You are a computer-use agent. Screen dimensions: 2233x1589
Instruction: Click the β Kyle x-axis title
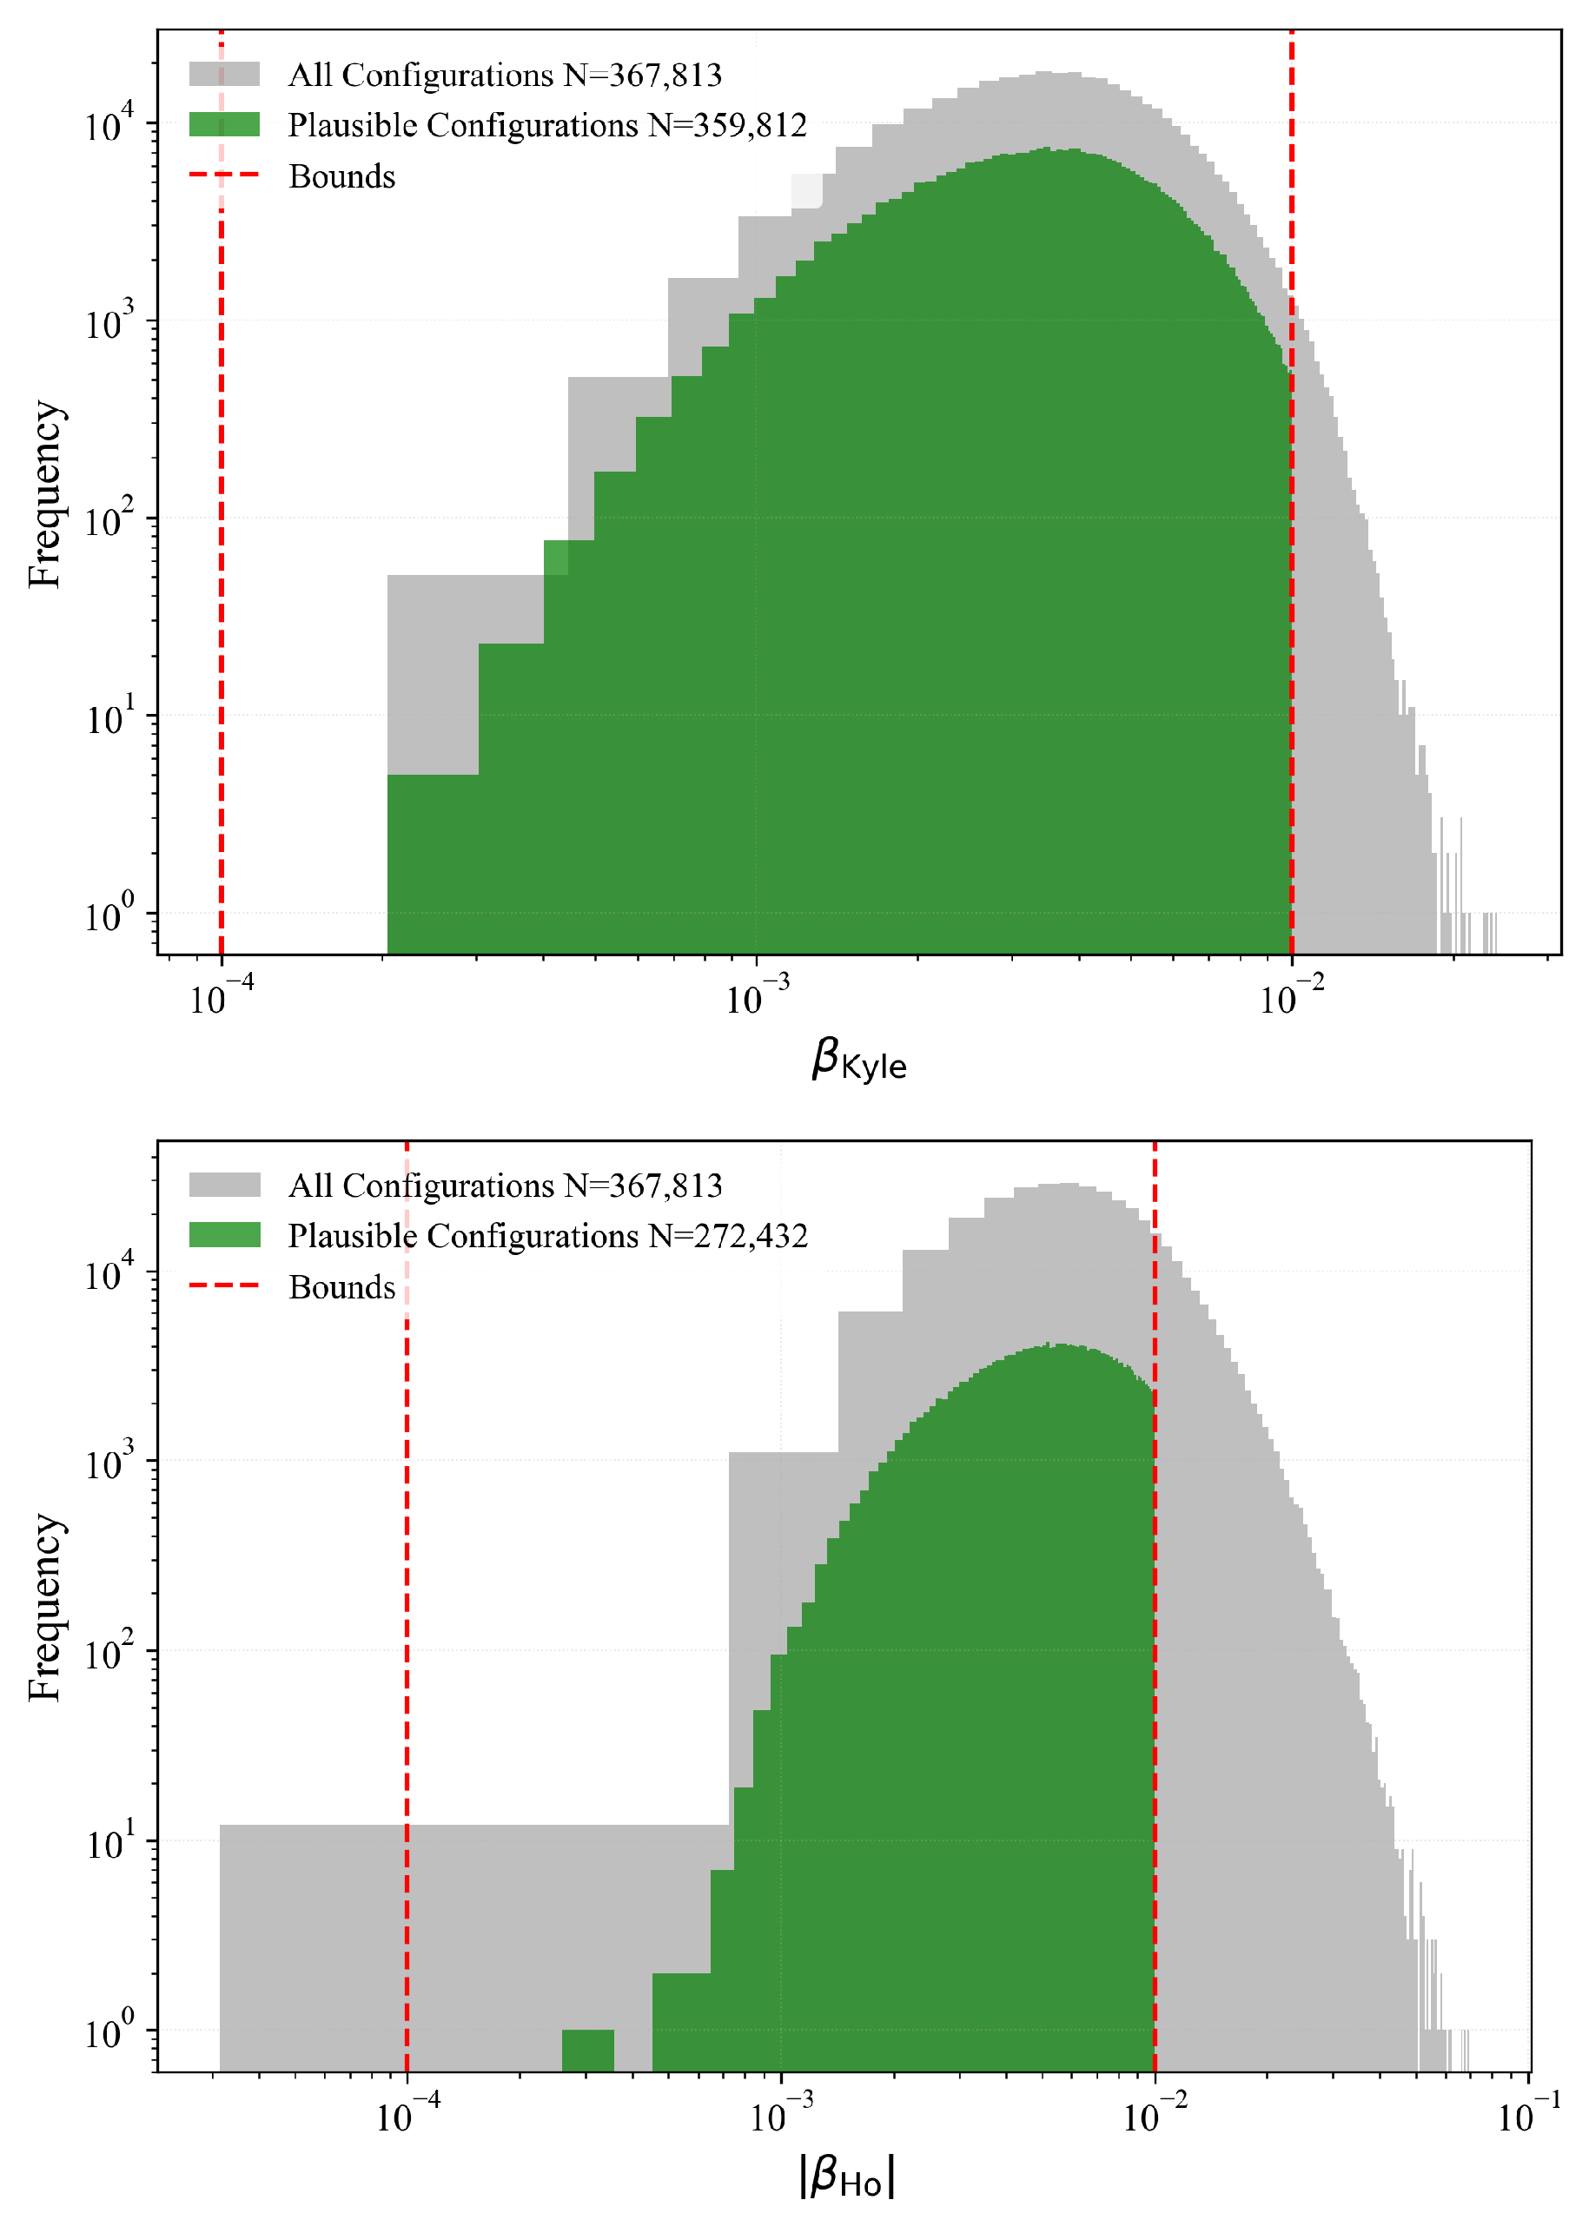[x=858, y=1060]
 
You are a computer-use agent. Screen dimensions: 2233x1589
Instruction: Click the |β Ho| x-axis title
[x=847, y=2177]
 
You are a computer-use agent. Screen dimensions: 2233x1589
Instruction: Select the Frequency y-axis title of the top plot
[x=45, y=494]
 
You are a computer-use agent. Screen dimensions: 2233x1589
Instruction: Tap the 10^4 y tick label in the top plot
[x=109, y=124]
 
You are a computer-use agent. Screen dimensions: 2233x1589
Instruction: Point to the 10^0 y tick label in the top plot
[x=109, y=915]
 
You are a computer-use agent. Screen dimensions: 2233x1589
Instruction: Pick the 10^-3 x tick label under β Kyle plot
[x=757, y=999]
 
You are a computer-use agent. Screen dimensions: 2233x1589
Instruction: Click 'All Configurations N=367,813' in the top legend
[x=505, y=75]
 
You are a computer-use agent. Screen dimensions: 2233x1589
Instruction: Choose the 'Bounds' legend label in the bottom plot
[x=341, y=1287]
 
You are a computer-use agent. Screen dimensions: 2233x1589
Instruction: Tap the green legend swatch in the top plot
[x=224, y=124]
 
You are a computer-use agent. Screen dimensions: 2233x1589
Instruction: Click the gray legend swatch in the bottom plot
[x=224, y=1185]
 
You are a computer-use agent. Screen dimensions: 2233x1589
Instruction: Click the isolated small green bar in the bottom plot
[x=587, y=2050]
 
